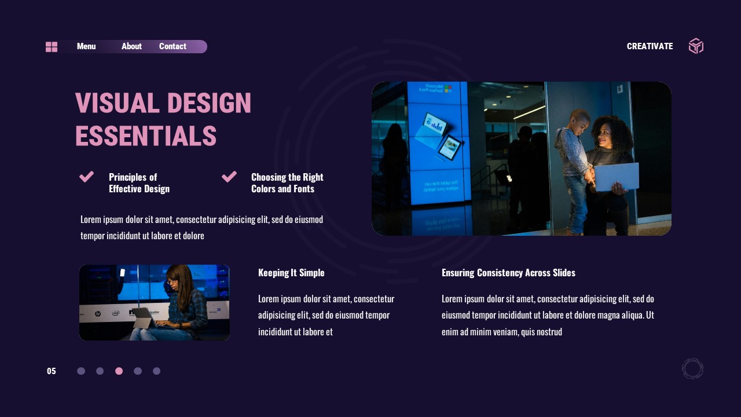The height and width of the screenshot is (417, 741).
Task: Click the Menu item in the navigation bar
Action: coord(86,46)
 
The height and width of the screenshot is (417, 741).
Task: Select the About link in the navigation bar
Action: coord(131,46)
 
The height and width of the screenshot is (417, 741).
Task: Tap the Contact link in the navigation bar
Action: coord(173,46)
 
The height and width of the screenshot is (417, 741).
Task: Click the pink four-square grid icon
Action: coord(52,47)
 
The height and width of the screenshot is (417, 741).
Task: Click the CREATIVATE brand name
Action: coord(650,46)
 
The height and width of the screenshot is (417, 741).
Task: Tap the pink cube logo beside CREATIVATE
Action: coord(696,46)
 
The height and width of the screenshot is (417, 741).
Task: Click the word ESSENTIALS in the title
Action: coord(146,137)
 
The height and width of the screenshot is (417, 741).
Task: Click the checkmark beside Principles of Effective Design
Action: coord(87,177)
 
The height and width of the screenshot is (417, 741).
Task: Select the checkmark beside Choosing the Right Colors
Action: coord(229,176)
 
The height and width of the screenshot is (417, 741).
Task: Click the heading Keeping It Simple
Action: coord(291,273)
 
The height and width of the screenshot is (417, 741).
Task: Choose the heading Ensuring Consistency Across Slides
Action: coord(508,273)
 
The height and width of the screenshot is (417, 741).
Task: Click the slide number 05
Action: coord(52,371)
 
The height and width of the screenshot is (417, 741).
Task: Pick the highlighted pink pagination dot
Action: coord(119,371)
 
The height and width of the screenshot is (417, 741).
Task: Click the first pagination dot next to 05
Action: coord(81,371)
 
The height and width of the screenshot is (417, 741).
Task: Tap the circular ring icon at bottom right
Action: coord(692,369)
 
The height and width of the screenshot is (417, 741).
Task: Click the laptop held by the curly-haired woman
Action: coord(617,177)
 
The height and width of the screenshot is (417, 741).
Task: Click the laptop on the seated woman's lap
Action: coord(144,318)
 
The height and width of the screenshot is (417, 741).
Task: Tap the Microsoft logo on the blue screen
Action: coord(447,89)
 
